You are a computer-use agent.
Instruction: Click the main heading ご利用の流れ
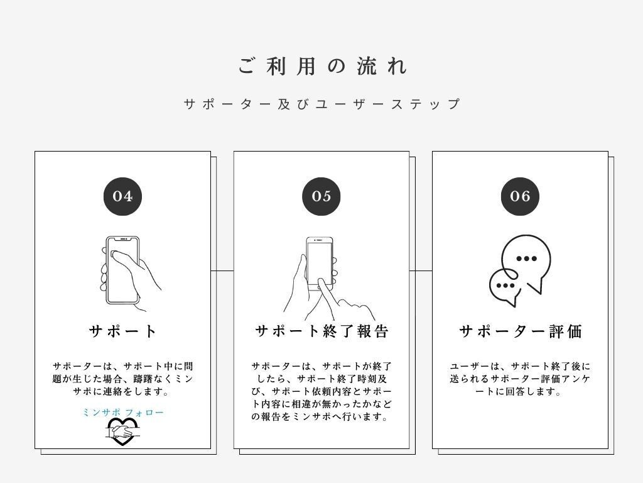coord(323,66)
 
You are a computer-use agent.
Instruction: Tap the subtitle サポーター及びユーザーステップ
coord(322,104)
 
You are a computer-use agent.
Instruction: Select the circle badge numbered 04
coord(122,196)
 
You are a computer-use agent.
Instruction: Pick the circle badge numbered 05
coord(321,196)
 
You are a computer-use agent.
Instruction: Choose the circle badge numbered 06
coord(520,196)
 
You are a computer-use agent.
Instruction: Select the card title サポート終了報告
coord(321,331)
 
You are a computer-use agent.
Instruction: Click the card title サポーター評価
coord(520,331)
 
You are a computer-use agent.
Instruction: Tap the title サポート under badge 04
coord(122,331)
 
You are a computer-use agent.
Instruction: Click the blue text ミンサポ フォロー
coord(122,412)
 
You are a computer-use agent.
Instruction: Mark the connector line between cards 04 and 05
coord(222,270)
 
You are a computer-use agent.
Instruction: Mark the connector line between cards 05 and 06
coord(421,270)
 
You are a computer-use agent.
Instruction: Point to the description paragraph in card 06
coord(520,379)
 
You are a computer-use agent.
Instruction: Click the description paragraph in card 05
coord(321,391)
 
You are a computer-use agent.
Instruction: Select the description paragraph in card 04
coord(122,379)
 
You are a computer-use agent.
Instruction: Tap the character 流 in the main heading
coord(366,66)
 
